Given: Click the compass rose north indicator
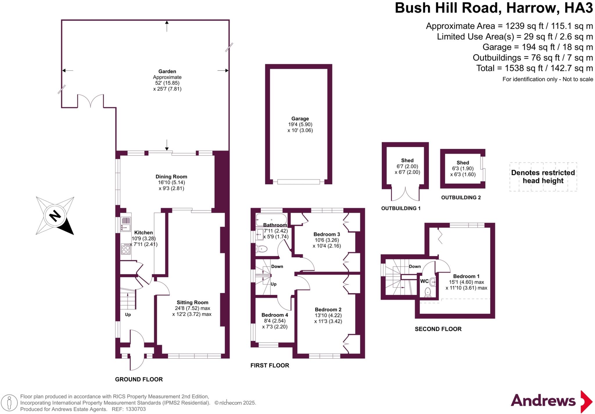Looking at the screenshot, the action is pos(55,216).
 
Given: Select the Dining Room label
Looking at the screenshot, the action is pos(171,177).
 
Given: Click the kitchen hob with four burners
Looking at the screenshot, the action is pos(126,249).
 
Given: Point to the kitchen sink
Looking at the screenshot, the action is pos(126,224).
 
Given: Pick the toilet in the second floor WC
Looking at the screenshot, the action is pos(427,292).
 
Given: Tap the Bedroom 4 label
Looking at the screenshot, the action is pos(275,315).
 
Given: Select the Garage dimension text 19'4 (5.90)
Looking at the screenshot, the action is pos(300,125).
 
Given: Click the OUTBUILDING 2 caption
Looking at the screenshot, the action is pos(461,198).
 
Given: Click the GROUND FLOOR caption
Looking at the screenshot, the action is pos(139,379).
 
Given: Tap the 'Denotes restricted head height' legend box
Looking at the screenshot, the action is pos(543,177).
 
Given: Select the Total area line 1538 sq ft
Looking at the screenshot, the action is pos(534,68).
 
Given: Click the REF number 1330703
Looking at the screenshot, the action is pos(135,409).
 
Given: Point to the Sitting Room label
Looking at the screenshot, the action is pos(192,303).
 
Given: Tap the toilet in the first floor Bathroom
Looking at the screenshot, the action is pos(262,249).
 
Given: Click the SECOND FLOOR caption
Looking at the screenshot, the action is pos(438,329).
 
